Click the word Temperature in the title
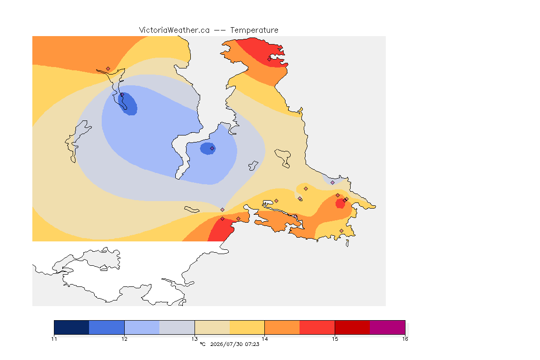[254, 30]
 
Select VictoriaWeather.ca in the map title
[174, 30]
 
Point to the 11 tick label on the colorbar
[54, 339]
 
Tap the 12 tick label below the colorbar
[124, 339]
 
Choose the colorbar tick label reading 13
[195, 339]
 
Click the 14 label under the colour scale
[264, 339]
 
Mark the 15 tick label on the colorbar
[335, 339]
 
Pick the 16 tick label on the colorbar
[405, 339]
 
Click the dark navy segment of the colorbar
[72, 327]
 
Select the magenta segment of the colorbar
[388, 327]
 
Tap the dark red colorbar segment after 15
[352, 327]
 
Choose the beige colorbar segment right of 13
[212, 327]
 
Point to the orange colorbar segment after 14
[282, 327]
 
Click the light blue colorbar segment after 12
[142, 327]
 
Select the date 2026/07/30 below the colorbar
[226, 344]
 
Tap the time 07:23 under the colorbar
[252, 344]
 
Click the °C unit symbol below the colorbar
[202, 344]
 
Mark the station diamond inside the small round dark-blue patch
[212, 149]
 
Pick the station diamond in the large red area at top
[270, 59]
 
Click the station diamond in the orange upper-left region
[108, 69]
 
